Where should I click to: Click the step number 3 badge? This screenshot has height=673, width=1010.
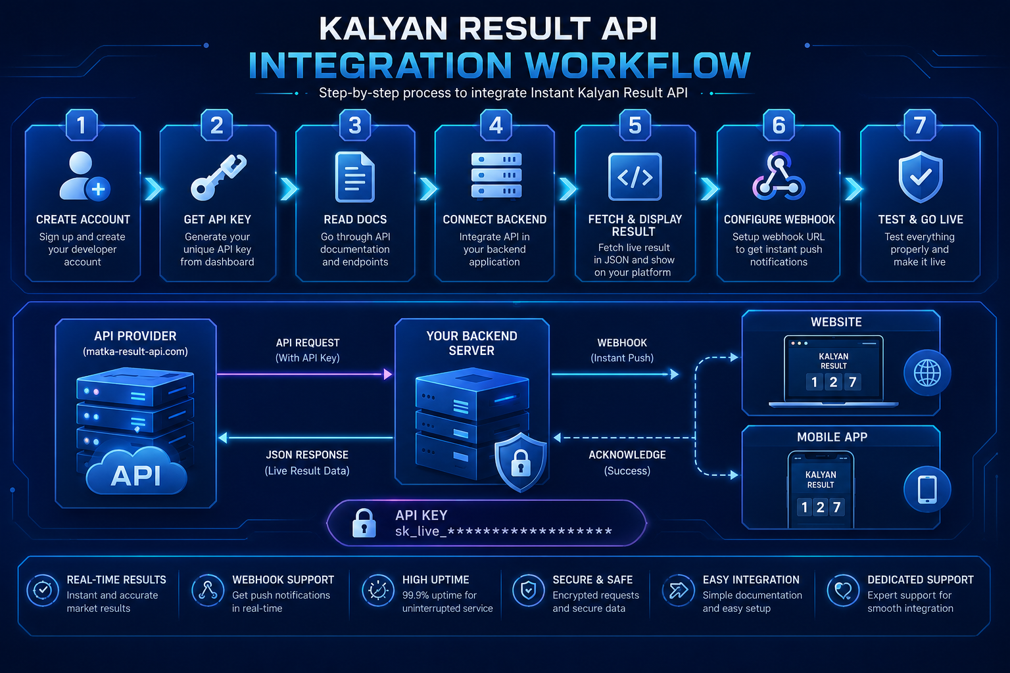(x=355, y=125)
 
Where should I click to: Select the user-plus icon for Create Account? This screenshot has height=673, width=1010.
(x=84, y=175)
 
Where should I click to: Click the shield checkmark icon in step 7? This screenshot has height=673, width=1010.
(x=921, y=177)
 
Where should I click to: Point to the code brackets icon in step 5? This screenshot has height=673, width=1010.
(x=635, y=177)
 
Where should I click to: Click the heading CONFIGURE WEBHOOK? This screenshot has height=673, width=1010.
(x=779, y=220)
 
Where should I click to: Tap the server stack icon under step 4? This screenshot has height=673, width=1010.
(x=496, y=175)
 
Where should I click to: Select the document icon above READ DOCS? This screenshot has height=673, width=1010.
(x=355, y=177)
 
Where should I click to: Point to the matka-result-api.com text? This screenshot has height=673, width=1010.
(x=135, y=352)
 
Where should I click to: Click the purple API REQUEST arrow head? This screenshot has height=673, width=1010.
(x=387, y=374)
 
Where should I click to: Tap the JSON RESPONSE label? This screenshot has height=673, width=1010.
(x=307, y=455)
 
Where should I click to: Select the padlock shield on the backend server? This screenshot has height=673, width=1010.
(x=521, y=462)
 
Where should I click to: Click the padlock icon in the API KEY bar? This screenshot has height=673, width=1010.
(x=364, y=523)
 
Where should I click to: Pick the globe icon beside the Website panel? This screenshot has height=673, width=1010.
(x=927, y=373)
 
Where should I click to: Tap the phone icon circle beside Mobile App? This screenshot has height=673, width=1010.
(x=927, y=489)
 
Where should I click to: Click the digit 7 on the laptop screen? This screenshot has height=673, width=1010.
(x=853, y=383)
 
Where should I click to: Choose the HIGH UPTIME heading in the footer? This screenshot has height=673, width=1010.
(x=435, y=580)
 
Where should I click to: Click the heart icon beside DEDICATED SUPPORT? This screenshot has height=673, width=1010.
(x=843, y=590)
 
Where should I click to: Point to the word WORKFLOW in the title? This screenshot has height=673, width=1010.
(x=638, y=66)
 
